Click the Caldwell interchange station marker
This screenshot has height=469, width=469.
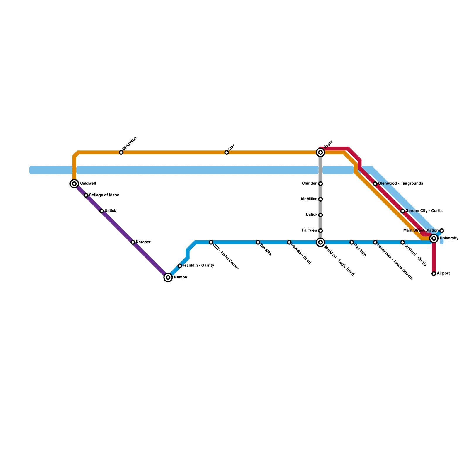point(74,184)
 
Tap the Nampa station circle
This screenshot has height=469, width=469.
point(168,277)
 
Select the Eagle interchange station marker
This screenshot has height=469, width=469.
point(320,152)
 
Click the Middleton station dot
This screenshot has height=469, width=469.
point(121,152)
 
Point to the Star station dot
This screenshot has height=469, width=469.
point(227,152)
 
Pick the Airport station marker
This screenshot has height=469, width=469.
point(434,274)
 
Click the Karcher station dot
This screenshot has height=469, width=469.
point(133,242)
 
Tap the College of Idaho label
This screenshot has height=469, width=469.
point(104,195)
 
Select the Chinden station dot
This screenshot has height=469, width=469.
point(320,184)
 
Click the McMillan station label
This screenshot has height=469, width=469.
point(309,199)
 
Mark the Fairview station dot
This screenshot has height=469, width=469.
point(320,231)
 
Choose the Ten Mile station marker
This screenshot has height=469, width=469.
point(258,242)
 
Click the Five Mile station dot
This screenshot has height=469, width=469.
point(352,242)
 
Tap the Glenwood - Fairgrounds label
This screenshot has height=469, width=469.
point(400,183)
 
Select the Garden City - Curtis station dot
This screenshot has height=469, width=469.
point(402,211)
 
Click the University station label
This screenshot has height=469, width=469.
point(449,238)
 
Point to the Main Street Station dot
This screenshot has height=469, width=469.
point(442,231)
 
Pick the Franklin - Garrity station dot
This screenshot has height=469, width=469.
point(180,266)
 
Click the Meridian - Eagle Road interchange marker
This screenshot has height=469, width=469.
point(320,242)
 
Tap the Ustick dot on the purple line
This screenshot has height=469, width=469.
point(101,211)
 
